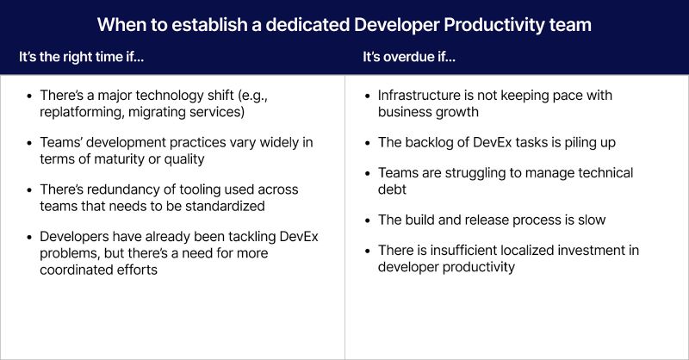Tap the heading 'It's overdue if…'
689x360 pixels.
pyautogui.click(x=410, y=58)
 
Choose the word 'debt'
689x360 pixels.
pyautogui.click(x=393, y=189)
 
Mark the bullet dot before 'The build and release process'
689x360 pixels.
pyautogui.click(x=367, y=220)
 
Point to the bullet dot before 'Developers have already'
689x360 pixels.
pyautogui.click(x=32, y=236)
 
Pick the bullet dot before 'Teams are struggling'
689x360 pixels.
pyautogui.click(x=367, y=173)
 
